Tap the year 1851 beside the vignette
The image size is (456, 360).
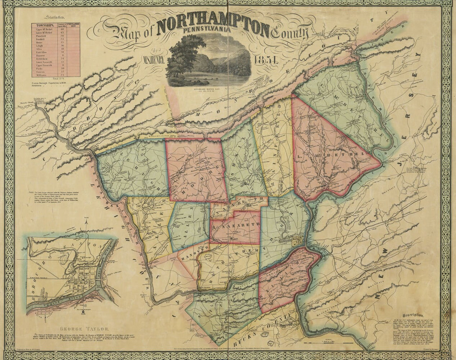coord(266,60)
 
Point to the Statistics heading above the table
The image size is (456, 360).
coord(54,17)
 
